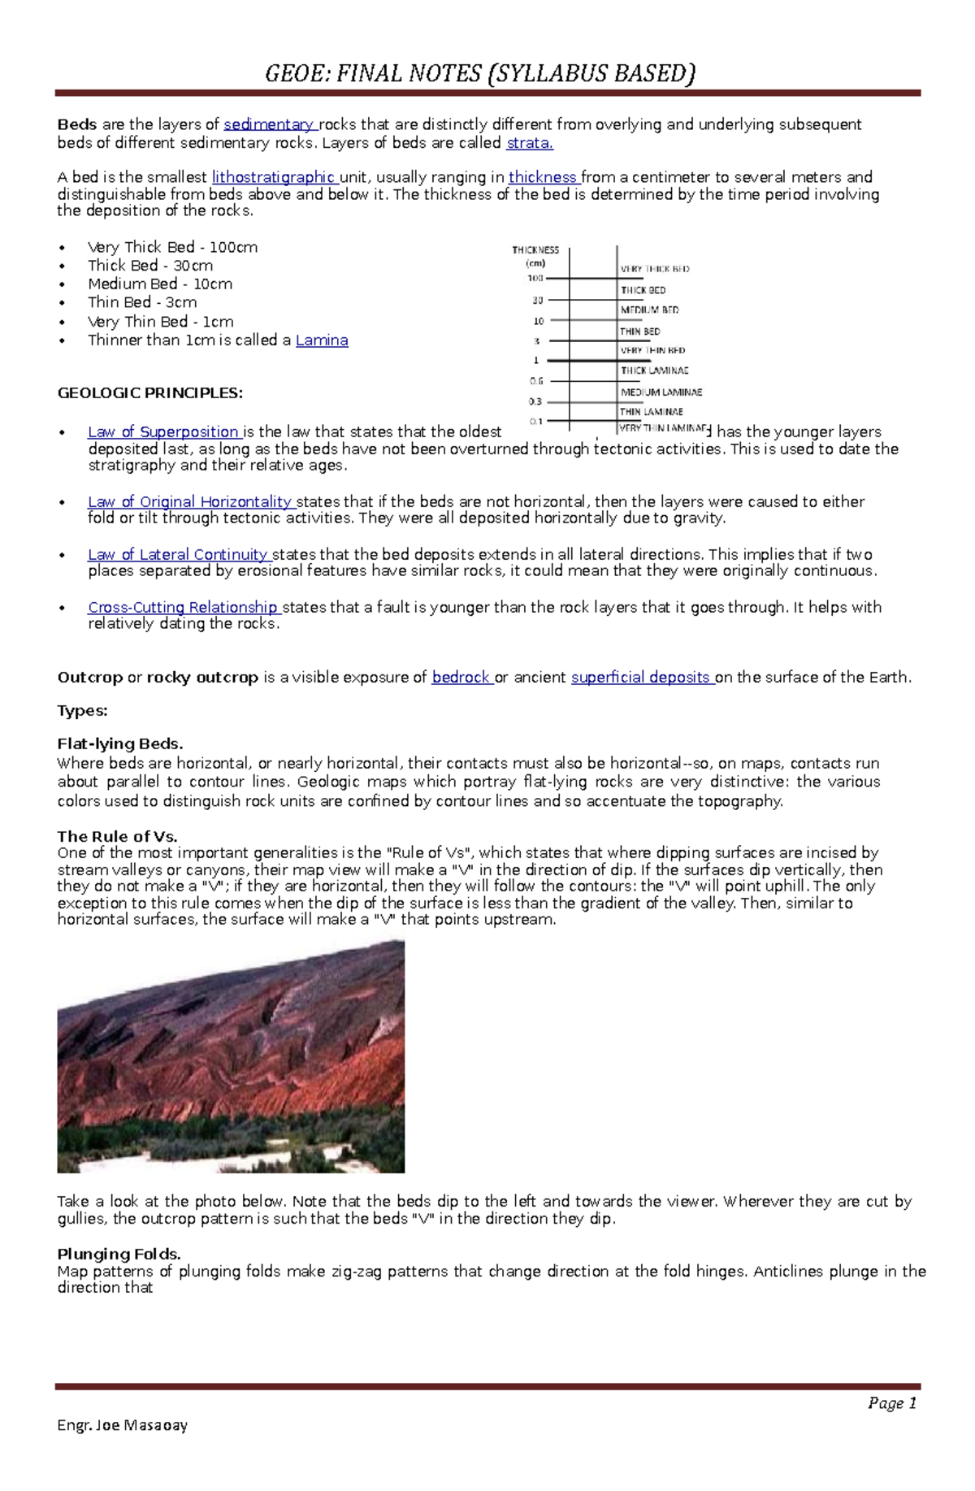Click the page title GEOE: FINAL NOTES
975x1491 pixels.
[480, 74]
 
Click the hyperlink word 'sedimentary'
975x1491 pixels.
[269, 124]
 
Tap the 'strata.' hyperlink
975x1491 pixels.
[529, 143]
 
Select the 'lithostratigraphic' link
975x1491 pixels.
[273, 177]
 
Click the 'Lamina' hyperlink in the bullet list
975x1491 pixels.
[322, 340]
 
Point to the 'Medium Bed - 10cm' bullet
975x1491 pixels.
[160, 284]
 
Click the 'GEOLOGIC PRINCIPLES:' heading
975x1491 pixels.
[149, 393]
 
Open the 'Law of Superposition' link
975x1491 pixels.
[162, 432]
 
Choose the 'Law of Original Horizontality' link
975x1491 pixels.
[189, 502]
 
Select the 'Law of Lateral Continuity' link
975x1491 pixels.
[177, 555]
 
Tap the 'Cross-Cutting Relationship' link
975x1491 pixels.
[183, 608]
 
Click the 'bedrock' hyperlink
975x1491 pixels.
[461, 678]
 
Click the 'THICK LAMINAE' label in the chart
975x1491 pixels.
[654, 371]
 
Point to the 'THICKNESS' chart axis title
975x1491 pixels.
[535, 250]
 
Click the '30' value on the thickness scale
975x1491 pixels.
[538, 301]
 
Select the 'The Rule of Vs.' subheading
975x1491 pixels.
[117, 836]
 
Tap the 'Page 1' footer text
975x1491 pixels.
[892, 1403]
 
